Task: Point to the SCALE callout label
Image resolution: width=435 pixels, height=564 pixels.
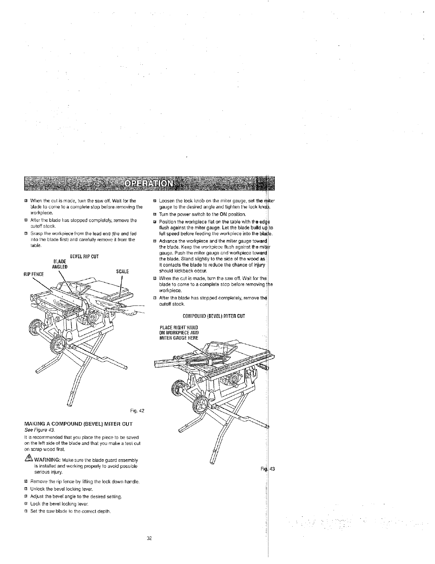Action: pyautogui.click(x=122, y=272)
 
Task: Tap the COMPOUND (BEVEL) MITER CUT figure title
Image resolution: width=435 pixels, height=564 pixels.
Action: pyautogui.click(x=214, y=316)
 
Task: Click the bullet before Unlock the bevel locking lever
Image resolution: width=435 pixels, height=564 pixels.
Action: pyautogui.click(x=26, y=489)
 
